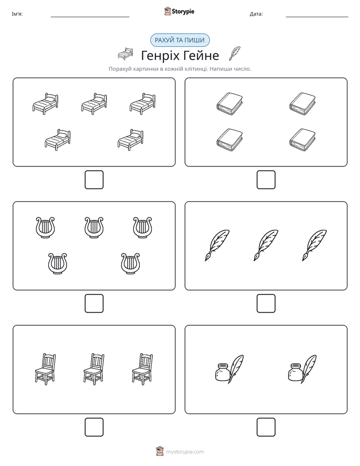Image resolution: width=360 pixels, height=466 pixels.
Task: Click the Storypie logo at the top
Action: coord(179,11)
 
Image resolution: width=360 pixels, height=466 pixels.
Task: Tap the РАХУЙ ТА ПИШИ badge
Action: coord(179,40)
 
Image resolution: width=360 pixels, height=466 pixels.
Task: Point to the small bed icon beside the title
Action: coord(125,53)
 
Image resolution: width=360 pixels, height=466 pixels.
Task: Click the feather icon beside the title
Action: coord(234,53)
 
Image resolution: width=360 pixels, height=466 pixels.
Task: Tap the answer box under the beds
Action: coord(94,180)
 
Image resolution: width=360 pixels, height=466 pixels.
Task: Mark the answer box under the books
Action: coord(266,180)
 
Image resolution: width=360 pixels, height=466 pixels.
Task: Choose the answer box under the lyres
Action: coord(94,304)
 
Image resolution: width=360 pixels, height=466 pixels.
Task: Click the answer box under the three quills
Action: coord(266,304)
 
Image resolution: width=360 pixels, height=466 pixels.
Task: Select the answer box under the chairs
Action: coord(94,427)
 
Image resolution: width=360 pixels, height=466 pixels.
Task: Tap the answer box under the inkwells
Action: coord(266,427)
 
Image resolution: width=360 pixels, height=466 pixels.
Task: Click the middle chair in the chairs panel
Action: coord(94,369)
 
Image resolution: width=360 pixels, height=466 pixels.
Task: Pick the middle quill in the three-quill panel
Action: coord(266,245)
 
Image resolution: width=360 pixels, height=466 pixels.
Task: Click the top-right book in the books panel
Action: coord(303,103)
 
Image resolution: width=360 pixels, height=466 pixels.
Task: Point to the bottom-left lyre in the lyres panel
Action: coord(57,264)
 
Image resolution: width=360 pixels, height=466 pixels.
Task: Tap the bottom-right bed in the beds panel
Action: coord(131,140)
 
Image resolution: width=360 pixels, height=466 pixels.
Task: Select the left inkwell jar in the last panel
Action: coord(222,372)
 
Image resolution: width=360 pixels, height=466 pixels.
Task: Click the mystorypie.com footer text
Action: coord(185,452)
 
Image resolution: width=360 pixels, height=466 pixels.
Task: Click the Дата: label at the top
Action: coord(256,14)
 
